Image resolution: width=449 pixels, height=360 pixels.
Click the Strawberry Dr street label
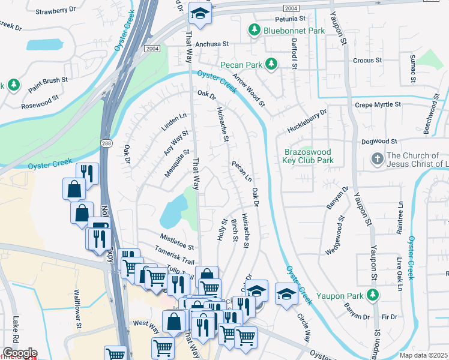(x=56, y=11)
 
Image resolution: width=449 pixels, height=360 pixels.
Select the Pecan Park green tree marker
(x=271, y=63)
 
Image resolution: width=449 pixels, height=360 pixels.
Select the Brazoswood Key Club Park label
(x=309, y=157)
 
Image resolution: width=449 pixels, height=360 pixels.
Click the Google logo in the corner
(x=19, y=353)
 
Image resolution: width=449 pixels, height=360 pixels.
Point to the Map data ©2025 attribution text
(x=423, y=355)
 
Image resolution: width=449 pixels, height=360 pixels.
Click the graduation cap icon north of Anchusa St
(x=200, y=13)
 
